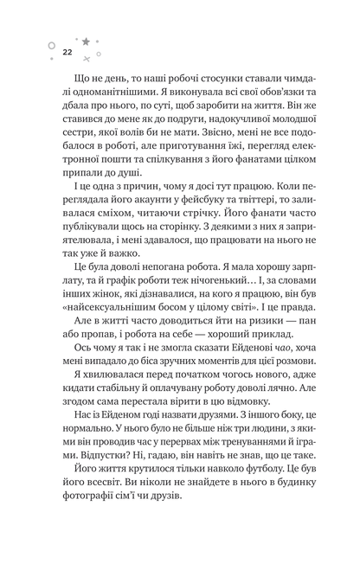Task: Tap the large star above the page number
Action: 86,41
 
